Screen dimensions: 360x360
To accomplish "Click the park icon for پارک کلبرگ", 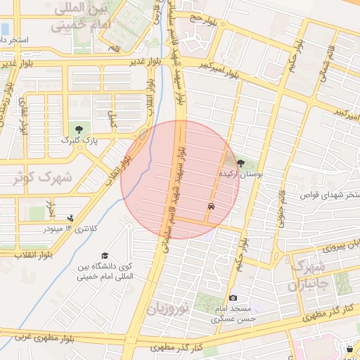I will tap(79, 129).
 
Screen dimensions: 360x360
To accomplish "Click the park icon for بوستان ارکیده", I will tap(242, 162).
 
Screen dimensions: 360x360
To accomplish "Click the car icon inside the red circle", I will tap(211, 207).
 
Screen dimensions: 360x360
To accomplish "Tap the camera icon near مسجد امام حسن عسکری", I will tap(233, 298).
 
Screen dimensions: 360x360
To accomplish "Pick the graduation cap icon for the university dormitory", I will tap(105, 256).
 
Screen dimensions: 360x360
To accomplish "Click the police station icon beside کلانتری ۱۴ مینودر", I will tap(70, 218).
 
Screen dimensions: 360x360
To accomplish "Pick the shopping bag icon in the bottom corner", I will tap(350, 349).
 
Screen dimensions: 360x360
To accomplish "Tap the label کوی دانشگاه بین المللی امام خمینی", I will tap(105, 272).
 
